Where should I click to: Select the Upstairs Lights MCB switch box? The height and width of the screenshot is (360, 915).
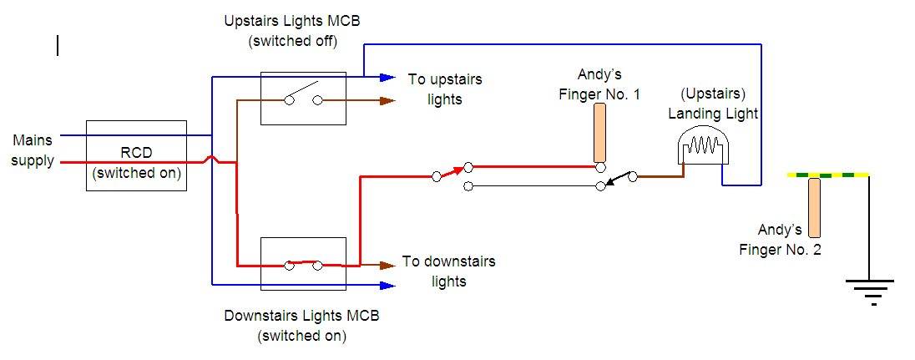(x=303, y=98)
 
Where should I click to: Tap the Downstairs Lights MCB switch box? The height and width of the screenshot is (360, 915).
(x=303, y=263)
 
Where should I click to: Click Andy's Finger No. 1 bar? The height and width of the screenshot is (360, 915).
(x=599, y=133)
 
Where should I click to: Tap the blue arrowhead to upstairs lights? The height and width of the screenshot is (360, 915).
(x=387, y=77)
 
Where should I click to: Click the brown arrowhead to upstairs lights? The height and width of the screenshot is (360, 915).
(x=387, y=101)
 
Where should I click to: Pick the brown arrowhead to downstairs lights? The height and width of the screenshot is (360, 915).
(x=387, y=266)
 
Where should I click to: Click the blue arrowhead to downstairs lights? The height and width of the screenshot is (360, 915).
(x=387, y=285)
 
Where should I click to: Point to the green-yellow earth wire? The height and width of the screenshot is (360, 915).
(x=827, y=175)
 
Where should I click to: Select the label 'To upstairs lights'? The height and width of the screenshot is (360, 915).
(x=445, y=89)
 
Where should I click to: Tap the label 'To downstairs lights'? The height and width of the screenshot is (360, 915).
(x=448, y=271)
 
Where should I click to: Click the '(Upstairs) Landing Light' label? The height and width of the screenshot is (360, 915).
(x=713, y=103)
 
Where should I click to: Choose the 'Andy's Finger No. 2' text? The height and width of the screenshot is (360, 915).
(x=780, y=239)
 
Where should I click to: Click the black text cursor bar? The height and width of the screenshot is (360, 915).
(x=58, y=45)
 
